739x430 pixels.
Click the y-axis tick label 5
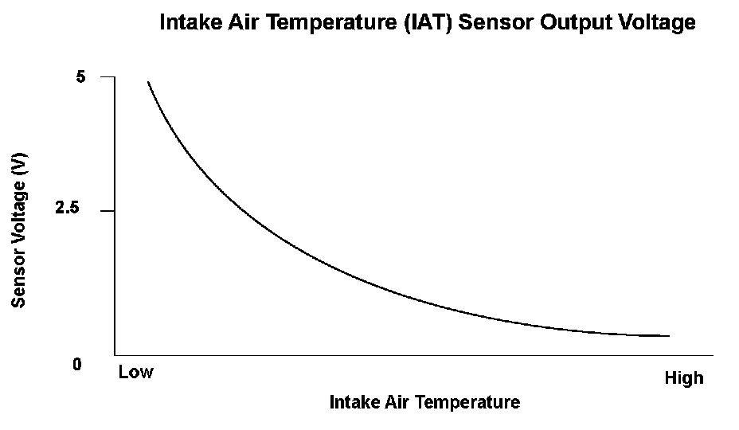point(80,76)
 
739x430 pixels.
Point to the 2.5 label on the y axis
point(68,208)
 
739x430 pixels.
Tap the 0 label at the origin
point(77,364)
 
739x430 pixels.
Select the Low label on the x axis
point(135,372)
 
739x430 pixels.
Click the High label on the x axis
point(684,377)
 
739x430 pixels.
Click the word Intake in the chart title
point(191,22)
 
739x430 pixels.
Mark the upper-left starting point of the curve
point(148,81)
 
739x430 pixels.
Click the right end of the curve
point(669,336)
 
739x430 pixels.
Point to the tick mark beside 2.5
point(108,211)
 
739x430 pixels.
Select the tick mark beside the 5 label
point(108,76)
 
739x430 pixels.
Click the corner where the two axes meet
point(115,355)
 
